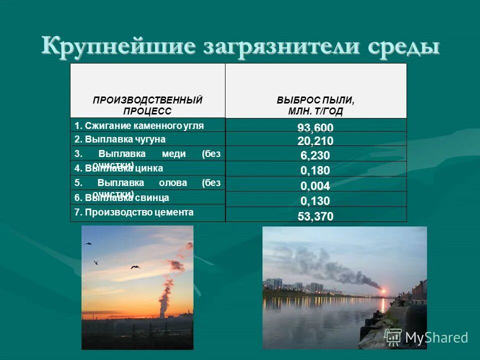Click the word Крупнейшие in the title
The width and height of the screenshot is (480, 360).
pos(118,46)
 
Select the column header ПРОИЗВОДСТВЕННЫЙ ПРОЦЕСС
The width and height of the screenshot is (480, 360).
pos(147,105)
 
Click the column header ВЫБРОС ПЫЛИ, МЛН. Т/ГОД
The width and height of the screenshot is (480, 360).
pos(315,105)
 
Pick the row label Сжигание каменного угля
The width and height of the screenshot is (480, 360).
pos(139,126)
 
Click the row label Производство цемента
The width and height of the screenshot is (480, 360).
pos(134,212)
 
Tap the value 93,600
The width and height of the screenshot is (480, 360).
pos(315,128)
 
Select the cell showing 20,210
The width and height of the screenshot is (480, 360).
pos(315,141)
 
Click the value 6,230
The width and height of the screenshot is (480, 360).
pos(315,155)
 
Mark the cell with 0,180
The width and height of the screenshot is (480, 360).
pos(315,171)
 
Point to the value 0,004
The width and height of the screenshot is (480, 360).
pos(315,186)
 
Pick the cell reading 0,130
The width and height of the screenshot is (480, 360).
pos(315,201)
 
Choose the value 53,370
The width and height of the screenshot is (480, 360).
pos(315,216)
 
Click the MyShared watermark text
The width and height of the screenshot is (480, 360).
pos(436,337)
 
